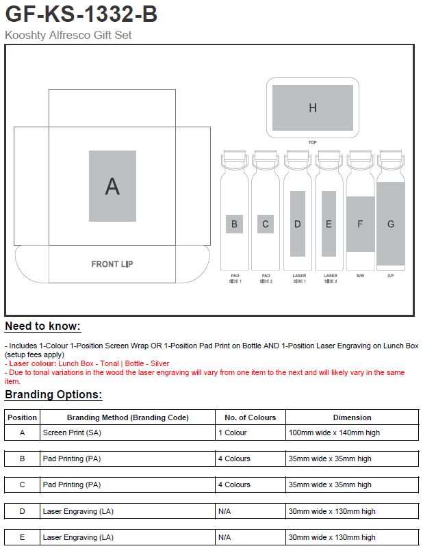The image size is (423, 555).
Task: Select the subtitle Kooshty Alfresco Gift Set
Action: pyautogui.click(x=68, y=35)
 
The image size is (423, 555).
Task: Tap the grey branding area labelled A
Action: pyautogui.click(x=112, y=185)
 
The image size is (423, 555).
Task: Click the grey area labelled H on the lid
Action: pyautogui.click(x=313, y=107)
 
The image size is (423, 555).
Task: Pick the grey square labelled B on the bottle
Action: pyautogui.click(x=234, y=224)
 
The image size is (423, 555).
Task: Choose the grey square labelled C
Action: pyautogui.click(x=266, y=224)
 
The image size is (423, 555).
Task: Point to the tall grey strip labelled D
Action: pyautogui.click(x=297, y=224)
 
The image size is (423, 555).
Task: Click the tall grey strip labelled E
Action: pyautogui.click(x=329, y=224)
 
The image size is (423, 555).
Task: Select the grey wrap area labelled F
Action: pyautogui.click(x=360, y=224)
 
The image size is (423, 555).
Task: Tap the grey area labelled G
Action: pyautogui.click(x=391, y=224)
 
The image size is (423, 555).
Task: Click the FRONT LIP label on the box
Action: pyautogui.click(x=112, y=264)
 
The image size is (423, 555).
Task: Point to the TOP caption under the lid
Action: pyautogui.click(x=313, y=142)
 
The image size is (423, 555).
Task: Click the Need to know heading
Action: pyautogui.click(x=42, y=326)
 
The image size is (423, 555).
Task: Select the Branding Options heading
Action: pyautogui.click(x=53, y=395)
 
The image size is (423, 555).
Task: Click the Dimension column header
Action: pyautogui.click(x=352, y=417)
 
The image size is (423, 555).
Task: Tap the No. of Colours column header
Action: pyautogui.click(x=251, y=417)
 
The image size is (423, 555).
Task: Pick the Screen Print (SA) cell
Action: pyautogui.click(x=72, y=433)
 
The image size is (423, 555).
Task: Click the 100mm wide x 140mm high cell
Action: pyautogui.click(x=333, y=433)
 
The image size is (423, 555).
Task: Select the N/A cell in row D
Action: pyautogui.click(x=224, y=511)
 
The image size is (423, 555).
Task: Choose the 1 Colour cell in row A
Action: pyautogui.click(x=233, y=433)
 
